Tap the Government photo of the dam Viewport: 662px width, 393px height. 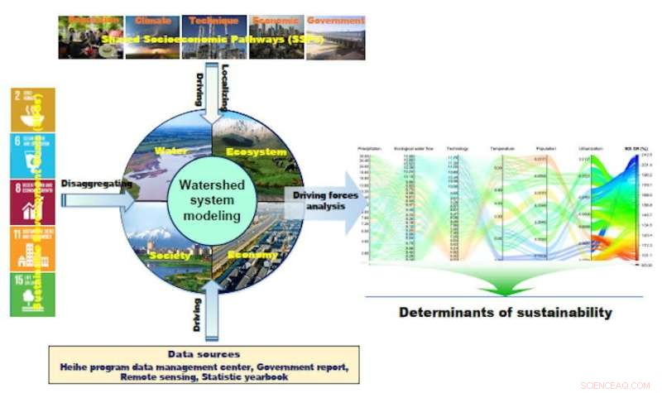335,36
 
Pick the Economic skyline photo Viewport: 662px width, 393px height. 276,36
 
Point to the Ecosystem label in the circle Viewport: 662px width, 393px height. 256,152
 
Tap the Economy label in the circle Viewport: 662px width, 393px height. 253,255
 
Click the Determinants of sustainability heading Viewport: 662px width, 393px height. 506,313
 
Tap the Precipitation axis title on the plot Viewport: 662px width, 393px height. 369,148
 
